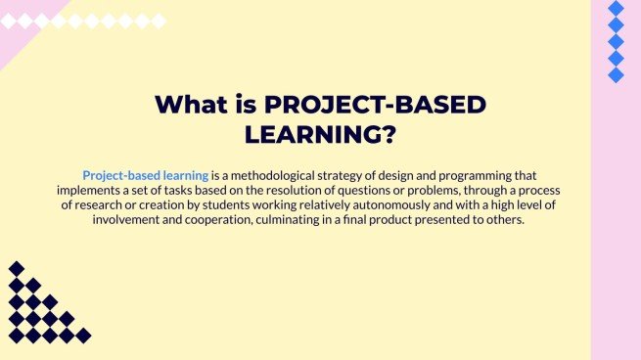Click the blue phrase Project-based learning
146,173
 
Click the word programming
501,173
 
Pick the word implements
92,189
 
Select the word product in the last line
414,220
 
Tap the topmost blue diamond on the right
616,9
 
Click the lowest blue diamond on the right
616,75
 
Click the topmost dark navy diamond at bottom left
17,269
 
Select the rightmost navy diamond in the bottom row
83,336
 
